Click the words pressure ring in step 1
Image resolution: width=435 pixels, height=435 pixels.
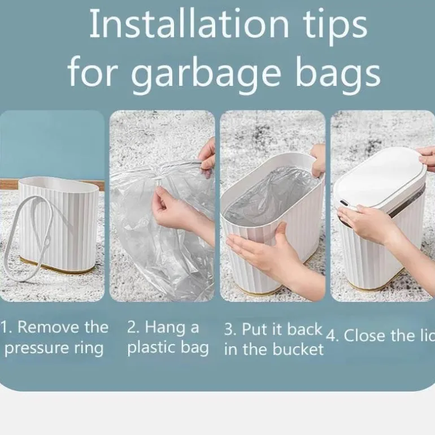[x=54, y=348]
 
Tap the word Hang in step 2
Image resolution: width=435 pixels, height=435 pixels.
[x=165, y=328]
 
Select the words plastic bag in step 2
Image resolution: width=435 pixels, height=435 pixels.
[x=168, y=348]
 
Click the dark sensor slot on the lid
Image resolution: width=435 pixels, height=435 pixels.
[x=343, y=203]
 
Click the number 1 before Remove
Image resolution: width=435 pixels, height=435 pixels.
[x=4, y=328]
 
